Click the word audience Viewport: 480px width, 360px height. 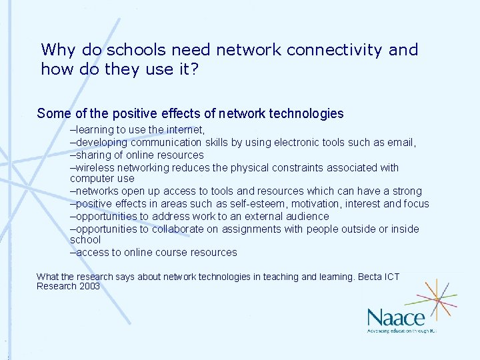pos(307,216)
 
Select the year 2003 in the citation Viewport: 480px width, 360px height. pos(89,286)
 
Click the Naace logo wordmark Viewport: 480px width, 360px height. pos(396,317)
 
